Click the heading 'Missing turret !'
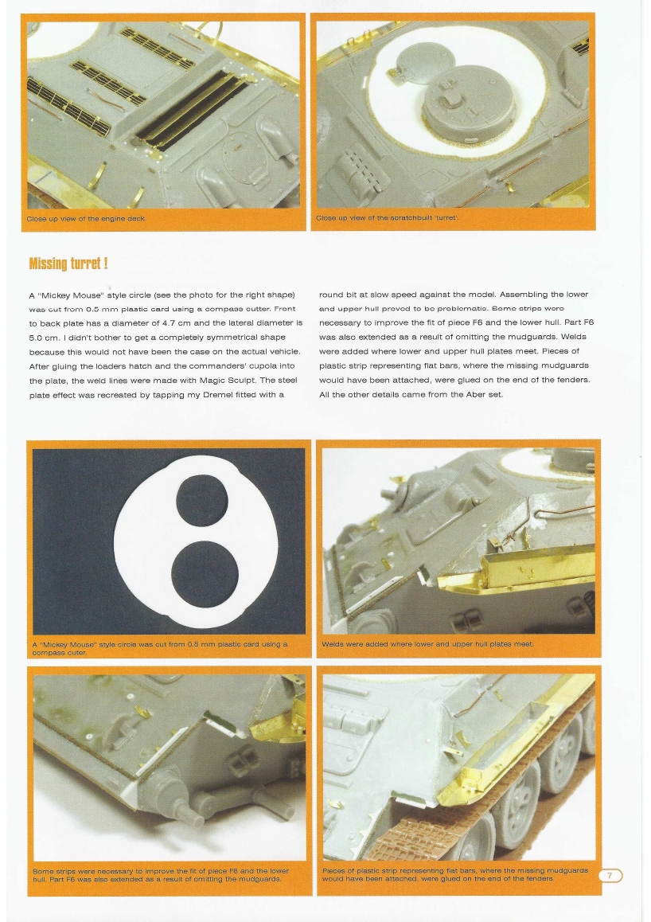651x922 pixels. pos(68,263)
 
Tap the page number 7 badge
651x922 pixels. pos(610,876)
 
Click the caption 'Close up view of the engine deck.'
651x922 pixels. pos(86,218)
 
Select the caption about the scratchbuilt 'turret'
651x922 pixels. pos(387,218)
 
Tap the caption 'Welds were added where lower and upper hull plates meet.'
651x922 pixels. pos(427,643)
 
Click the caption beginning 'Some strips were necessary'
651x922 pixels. pos(159,874)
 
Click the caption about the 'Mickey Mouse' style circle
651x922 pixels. pos(159,647)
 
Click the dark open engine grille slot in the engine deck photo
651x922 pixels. pos(191,104)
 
